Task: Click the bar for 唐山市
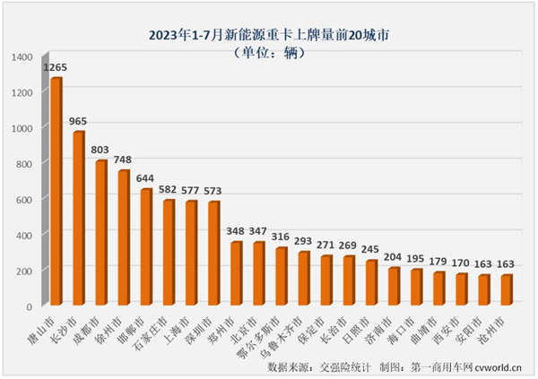56,192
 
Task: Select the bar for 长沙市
79,219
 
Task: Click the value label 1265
56,67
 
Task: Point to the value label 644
146,177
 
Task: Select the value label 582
169,188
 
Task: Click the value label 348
236,230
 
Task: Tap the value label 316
281,237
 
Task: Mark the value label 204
393,256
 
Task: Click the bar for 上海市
191,253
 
